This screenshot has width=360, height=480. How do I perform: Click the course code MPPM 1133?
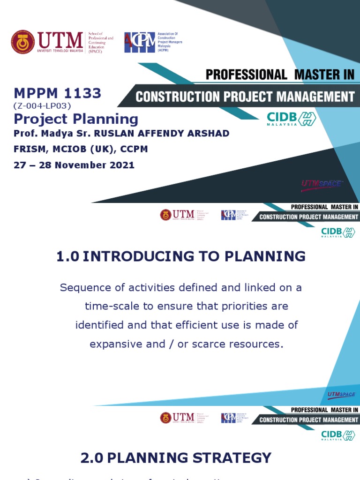point(57,93)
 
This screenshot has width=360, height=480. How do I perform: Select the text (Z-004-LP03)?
point(42,105)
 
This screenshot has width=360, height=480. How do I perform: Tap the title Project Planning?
point(75,119)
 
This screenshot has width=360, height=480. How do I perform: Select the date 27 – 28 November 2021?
point(74,165)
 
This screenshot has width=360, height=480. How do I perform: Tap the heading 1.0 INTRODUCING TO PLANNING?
point(180,256)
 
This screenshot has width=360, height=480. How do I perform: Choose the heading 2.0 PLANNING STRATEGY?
point(176,458)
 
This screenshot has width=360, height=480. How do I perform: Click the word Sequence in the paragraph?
point(82,288)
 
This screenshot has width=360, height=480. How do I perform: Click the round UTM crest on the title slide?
point(23,42)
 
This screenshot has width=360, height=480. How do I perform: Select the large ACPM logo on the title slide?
point(139,42)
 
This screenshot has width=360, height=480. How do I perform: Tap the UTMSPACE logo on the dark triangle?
point(322,184)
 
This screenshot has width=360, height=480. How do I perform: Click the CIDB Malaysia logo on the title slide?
point(291,119)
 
